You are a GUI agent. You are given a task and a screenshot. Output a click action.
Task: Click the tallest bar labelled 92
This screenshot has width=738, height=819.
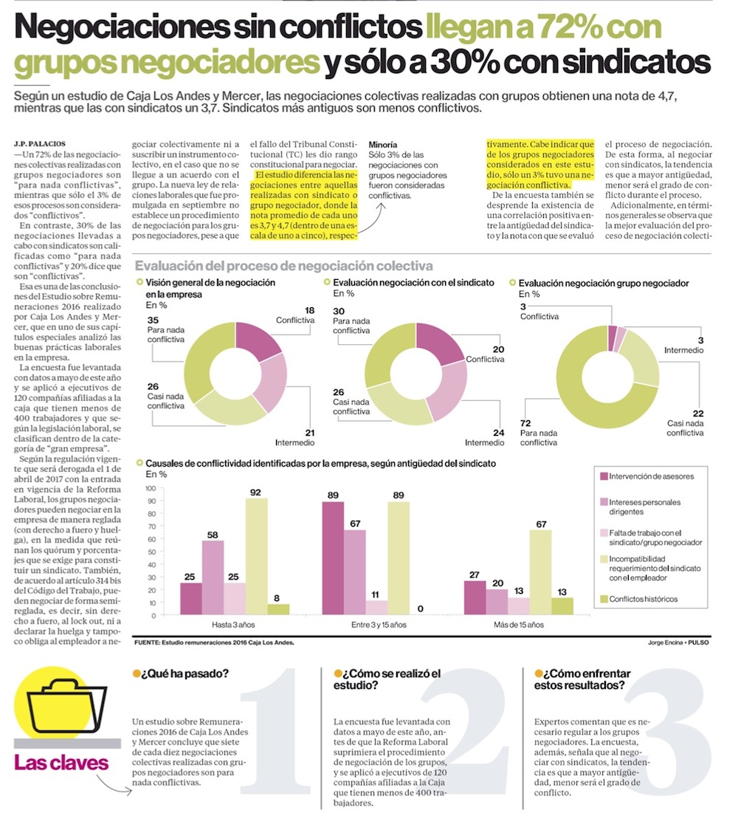click(256, 556)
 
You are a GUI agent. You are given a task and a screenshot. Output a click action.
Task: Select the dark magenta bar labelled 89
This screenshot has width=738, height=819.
click(333, 558)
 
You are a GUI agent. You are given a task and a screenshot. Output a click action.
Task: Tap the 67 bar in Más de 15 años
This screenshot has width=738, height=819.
click(540, 572)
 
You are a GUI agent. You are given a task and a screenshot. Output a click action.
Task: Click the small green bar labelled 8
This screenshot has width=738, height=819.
click(278, 609)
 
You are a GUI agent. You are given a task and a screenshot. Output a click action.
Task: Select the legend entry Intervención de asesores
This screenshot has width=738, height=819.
click(647, 476)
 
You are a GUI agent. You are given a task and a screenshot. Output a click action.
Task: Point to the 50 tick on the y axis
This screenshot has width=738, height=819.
click(152, 552)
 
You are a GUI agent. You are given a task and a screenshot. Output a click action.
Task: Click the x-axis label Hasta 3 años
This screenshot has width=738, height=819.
click(233, 625)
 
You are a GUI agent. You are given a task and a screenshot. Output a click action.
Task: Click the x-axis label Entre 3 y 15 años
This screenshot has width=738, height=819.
click(379, 625)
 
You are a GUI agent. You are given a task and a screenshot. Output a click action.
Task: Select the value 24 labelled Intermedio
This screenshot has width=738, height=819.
click(498, 433)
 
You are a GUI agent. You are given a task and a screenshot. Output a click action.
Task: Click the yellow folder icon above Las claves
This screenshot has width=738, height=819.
click(66, 705)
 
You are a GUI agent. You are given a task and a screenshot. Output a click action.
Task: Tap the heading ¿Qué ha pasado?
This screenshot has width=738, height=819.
click(181, 674)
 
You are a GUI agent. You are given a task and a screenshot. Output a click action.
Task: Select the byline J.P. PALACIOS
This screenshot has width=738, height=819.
click(40, 143)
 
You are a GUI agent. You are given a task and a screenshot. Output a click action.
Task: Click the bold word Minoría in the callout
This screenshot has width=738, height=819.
click(382, 145)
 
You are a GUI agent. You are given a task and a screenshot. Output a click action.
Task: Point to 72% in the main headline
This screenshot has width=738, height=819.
click(570, 27)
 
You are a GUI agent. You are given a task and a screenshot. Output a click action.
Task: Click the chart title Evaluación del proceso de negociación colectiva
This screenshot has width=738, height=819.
click(284, 266)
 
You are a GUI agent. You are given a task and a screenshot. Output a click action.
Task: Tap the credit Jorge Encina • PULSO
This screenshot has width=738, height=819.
click(678, 642)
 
